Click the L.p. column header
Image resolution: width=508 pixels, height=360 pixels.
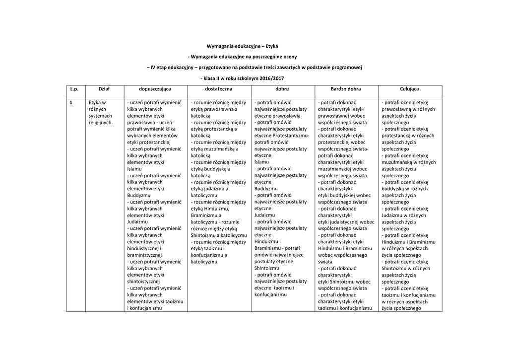pos(74,89)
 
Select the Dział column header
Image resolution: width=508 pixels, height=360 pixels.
pos(104,89)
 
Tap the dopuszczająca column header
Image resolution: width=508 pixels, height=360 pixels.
pos(155,89)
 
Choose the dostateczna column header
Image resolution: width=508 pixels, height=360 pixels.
pos(219,89)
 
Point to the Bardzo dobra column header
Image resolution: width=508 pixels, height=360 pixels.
pos(346,89)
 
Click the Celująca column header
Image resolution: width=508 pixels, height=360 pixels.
pos(409,89)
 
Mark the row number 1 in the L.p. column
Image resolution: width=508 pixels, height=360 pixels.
pos(71,102)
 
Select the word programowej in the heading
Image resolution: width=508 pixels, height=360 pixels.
pos(346,68)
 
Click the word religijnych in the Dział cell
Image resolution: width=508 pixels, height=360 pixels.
pos(101,122)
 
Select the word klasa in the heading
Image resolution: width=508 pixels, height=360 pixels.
pos(209,78)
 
